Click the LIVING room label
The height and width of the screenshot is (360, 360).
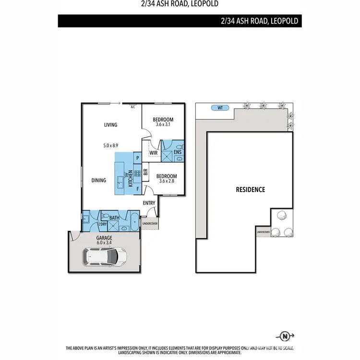[x=111, y=125]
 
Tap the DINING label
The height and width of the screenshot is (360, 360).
[x=99, y=180]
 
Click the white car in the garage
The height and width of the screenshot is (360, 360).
[x=106, y=257]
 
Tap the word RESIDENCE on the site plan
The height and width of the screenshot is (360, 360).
[x=250, y=190]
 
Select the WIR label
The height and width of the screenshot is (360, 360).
[x=154, y=153]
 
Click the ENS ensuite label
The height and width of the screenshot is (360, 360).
[x=177, y=153]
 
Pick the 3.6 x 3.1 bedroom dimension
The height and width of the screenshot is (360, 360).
[x=163, y=125]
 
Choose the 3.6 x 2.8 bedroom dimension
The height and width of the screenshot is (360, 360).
[x=167, y=181]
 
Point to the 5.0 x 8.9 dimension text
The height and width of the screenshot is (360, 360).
[x=110, y=145]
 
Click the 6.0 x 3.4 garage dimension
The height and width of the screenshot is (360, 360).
[x=104, y=243]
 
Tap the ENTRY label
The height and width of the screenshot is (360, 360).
[x=149, y=203]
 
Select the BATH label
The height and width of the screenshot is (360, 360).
[x=114, y=218]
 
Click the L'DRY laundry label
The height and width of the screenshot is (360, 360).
[x=102, y=224]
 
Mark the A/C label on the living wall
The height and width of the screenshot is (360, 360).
[x=133, y=108]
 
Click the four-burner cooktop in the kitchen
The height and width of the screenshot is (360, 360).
[x=136, y=173]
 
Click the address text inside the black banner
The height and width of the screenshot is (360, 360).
[x=260, y=21]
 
